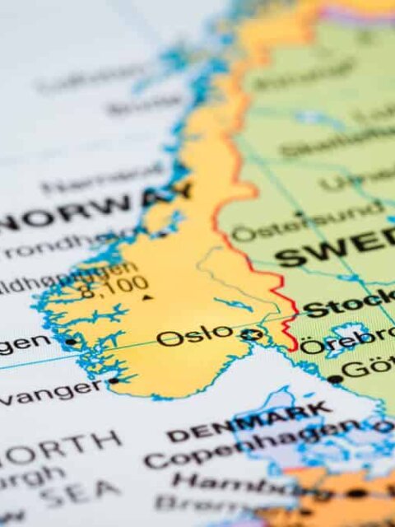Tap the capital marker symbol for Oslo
[252, 335]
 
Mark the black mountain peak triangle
[146, 297]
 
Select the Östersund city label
[304, 222]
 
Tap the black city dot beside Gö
[334, 379]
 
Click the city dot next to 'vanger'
[113, 380]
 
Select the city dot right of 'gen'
[71, 340]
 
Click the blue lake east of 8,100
[234, 304]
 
